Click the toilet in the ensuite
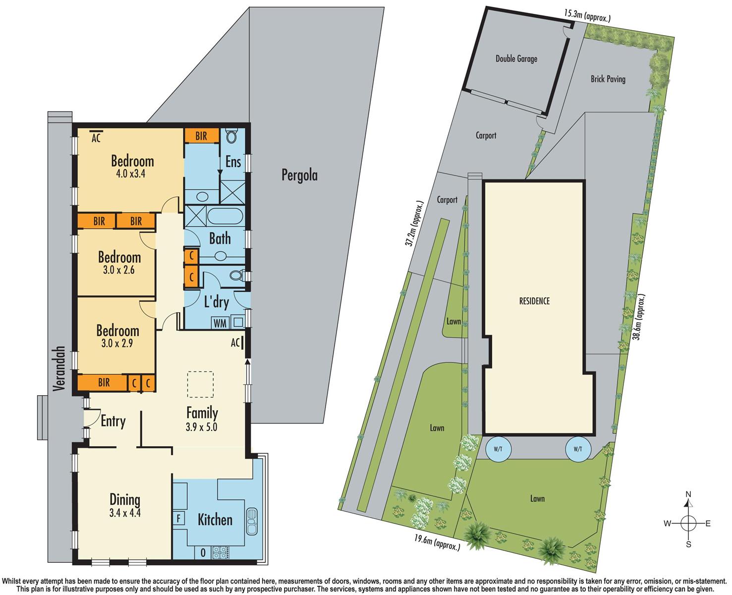[x=232, y=136]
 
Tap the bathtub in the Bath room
[x=225, y=217]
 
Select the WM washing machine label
[x=220, y=323]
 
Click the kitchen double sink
[x=252, y=521]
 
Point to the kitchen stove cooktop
[x=221, y=552]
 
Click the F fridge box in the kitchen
[x=179, y=518]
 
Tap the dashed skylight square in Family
[x=200, y=384]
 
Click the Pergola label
[x=299, y=176]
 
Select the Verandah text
[x=59, y=368]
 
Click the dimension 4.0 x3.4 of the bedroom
[x=131, y=174]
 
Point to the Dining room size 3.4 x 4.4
[x=125, y=513]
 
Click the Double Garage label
[x=516, y=59]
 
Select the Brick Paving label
[x=608, y=79]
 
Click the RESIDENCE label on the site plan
[x=534, y=301]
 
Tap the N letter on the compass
[x=688, y=494]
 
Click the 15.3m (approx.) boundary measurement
[x=587, y=16]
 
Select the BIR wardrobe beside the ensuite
[x=201, y=136]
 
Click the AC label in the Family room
[x=235, y=343]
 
